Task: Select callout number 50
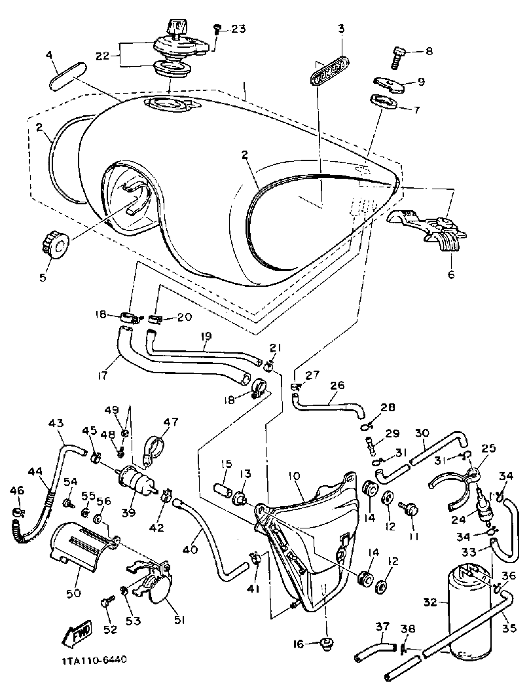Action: [x=73, y=593]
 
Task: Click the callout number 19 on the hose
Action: [x=206, y=336]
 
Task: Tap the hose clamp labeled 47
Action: [x=151, y=449]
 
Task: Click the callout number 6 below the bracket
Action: [x=450, y=275]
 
